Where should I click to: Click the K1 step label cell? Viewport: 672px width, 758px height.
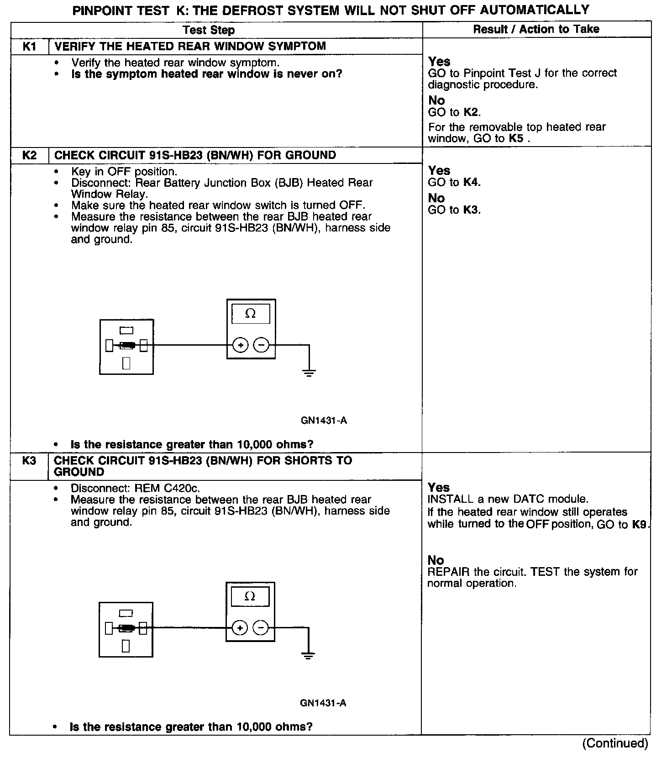click(29, 47)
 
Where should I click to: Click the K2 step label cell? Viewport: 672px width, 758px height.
click(29, 155)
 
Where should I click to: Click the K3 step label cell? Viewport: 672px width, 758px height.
click(29, 461)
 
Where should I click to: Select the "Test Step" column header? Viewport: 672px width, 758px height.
click(209, 30)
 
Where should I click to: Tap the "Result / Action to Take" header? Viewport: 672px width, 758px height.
click(536, 29)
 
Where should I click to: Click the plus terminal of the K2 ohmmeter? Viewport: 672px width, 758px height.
click(241, 345)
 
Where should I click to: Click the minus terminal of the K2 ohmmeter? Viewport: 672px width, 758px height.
click(261, 345)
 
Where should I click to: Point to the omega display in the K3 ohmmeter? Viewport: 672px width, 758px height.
click(250, 596)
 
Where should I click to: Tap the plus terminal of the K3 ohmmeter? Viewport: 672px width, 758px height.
click(240, 628)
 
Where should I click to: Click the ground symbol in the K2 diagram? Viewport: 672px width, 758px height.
click(309, 372)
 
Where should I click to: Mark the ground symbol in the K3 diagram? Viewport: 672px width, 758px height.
click(308, 656)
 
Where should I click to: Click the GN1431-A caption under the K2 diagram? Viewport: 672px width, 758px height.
click(324, 421)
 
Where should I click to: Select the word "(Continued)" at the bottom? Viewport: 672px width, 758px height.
click(615, 743)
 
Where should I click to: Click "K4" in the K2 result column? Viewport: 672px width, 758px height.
click(472, 183)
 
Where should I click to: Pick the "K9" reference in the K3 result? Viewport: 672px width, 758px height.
click(640, 525)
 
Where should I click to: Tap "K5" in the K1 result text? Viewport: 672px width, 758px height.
click(516, 138)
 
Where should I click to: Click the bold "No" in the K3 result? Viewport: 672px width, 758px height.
click(436, 560)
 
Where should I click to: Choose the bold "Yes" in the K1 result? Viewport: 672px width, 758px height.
click(439, 62)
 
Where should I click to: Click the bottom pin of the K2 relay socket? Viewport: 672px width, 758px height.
click(126, 363)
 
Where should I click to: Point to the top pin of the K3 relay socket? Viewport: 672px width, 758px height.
click(126, 613)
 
